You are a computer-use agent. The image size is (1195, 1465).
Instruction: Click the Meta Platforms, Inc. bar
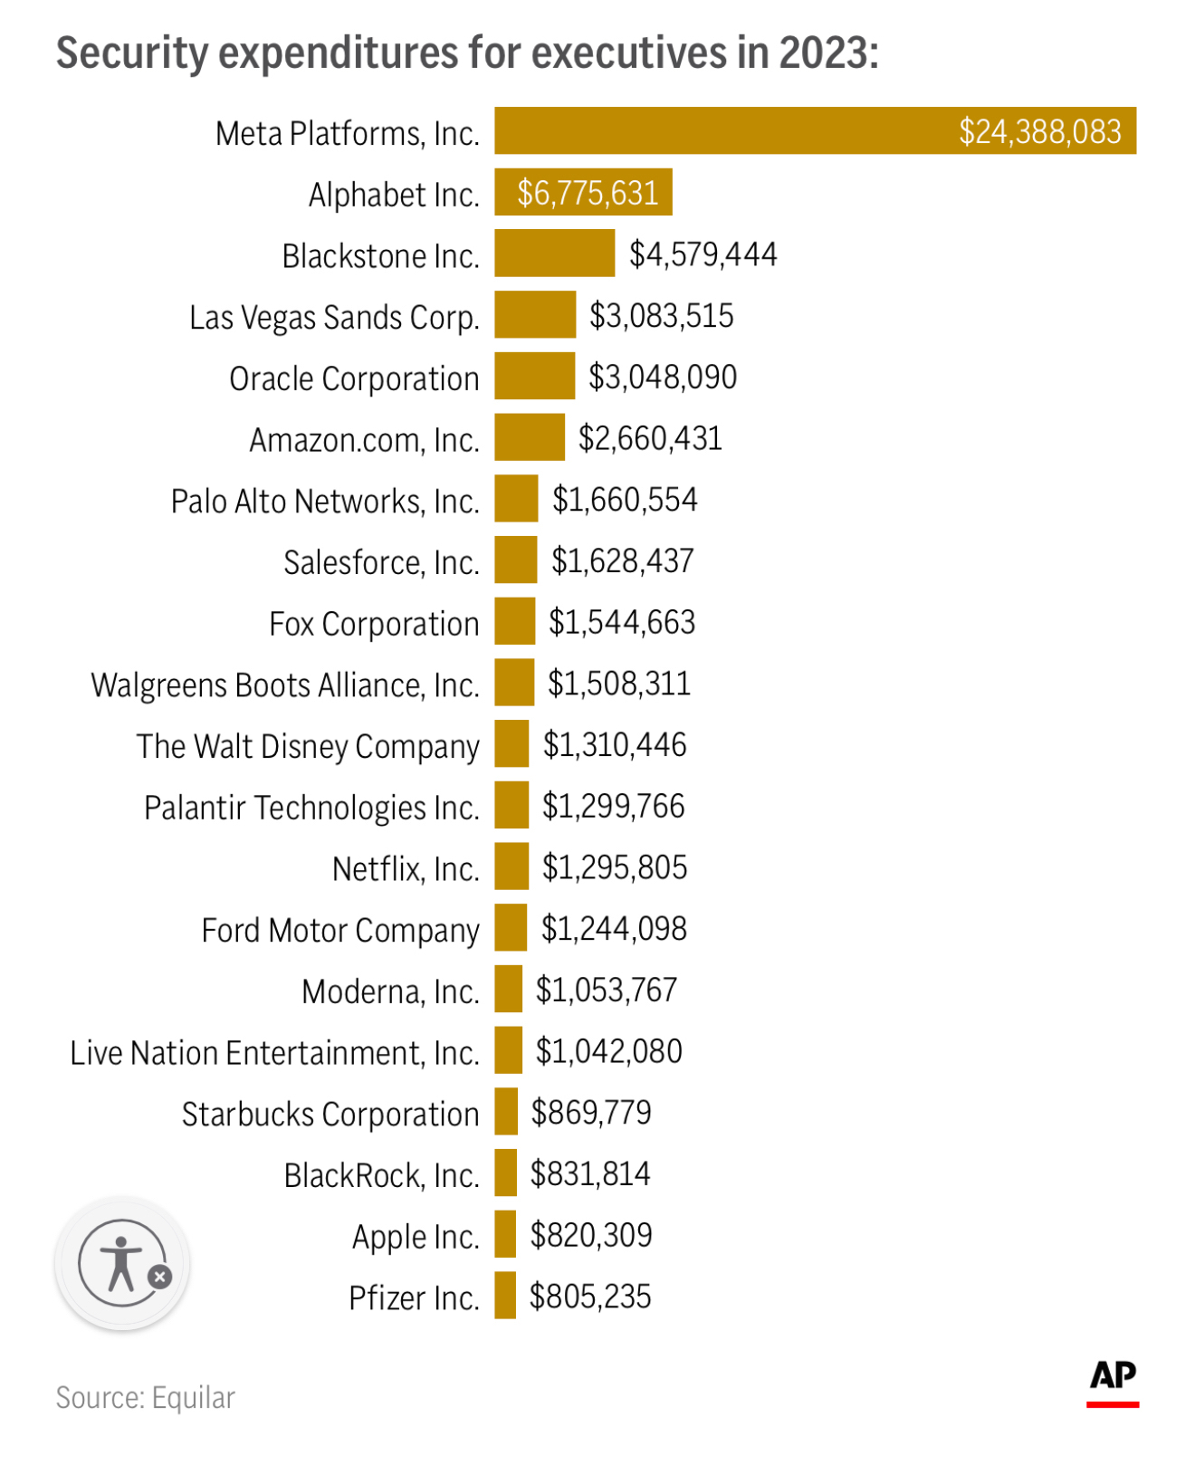(x=815, y=130)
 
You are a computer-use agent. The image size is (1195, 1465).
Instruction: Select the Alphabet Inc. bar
(x=583, y=192)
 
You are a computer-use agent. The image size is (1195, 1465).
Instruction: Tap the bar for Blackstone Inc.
(x=554, y=253)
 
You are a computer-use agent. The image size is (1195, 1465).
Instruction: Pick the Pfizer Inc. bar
(x=505, y=1295)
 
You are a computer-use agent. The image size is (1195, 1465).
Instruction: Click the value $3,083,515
(x=662, y=316)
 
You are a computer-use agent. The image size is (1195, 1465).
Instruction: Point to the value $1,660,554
(x=625, y=500)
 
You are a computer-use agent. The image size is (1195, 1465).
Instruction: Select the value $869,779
(x=591, y=1113)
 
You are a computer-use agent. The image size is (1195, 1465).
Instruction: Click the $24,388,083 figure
(x=1040, y=132)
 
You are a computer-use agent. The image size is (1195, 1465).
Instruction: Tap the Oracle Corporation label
(x=354, y=379)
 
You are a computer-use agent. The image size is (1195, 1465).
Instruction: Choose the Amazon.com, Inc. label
(x=364, y=440)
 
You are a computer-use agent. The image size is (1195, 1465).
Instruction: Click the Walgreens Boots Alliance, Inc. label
(x=285, y=685)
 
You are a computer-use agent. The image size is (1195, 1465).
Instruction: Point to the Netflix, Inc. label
(x=406, y=869)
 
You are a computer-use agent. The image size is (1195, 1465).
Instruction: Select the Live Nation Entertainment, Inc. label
(x=274, y=1053)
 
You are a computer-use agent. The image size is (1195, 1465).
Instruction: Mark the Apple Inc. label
(x=416, y=1237)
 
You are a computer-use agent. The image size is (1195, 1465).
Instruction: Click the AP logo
(x=1113, y=1383)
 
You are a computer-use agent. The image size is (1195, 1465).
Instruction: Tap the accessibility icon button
(x=122, y=1263)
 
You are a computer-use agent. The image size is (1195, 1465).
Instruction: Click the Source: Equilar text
(x=145, y=1398)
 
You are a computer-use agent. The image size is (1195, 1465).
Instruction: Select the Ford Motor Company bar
(x=511, y=927)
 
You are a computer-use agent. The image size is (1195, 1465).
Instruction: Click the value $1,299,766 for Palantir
(x=614, y=806)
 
